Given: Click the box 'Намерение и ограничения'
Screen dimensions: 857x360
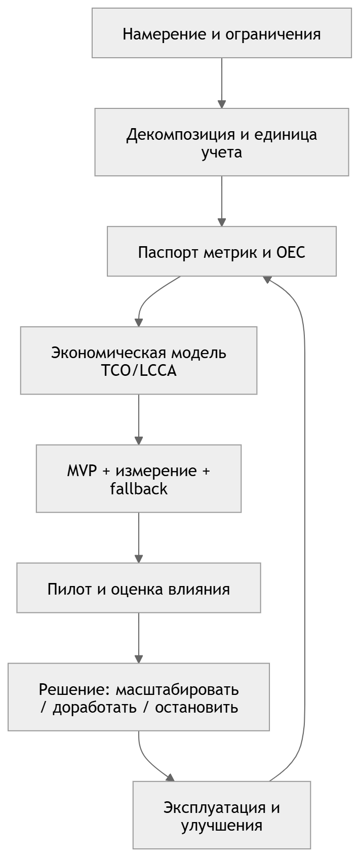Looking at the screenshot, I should coord(222,34).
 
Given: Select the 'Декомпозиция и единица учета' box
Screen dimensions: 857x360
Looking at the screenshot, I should coord(222,143).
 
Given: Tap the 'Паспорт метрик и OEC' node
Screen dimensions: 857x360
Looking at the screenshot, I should coord(222,252).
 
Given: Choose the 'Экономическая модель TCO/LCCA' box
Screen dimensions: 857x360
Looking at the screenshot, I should coord(139,361).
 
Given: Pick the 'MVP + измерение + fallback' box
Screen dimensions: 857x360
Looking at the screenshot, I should coord(139,479).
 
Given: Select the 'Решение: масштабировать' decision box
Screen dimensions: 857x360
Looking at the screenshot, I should coord(139,697).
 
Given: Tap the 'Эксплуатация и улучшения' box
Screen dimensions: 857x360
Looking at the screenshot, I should coord(222,815).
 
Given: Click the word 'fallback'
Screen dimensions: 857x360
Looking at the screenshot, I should coord(139,489).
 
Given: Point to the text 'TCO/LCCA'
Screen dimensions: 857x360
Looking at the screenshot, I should coord(139,371).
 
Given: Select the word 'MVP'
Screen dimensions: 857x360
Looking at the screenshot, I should coord(82,471).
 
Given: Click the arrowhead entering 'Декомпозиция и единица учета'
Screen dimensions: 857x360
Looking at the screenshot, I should coord(222,104).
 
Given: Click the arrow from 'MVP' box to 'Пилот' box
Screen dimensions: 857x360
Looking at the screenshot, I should coord(139,537).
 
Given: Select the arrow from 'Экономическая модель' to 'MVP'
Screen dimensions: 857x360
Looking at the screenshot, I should coord(139,419).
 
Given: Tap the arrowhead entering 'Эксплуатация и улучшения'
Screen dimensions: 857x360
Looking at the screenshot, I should coord(170,777).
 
